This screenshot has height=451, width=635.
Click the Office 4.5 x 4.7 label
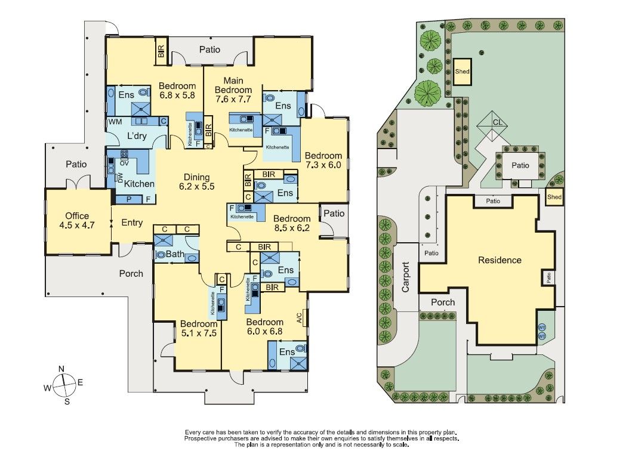[78, 221]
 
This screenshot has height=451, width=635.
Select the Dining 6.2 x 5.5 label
[196, 181]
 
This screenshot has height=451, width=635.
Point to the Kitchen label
[139, 184]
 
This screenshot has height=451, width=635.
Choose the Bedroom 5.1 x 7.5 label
[199, 329]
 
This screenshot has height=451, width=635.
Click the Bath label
[175, 255]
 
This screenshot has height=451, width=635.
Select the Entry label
[132, 223]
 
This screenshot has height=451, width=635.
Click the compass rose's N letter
[61, 369]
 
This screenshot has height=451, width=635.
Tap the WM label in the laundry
[115, 121]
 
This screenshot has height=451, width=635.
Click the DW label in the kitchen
[120, 177]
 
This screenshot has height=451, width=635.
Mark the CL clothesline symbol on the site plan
[496, 122]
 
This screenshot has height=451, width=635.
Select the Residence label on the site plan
[500, 260]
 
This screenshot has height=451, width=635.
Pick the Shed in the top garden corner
[462, 71]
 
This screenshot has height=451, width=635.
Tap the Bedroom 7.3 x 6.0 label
[323, 160]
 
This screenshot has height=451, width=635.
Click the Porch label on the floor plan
[131, 273]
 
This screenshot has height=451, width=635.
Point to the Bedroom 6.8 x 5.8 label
[177, 90]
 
